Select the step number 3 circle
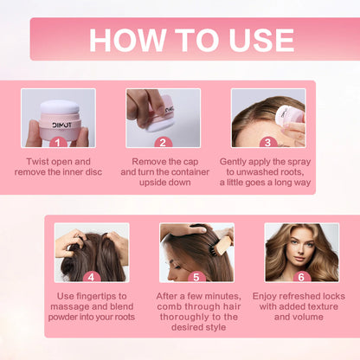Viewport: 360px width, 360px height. coord(268,142)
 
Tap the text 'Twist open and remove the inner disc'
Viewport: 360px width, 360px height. coord(58,166)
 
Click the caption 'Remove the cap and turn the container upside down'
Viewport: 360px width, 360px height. coord(163,172)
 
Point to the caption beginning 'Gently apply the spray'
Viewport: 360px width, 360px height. coord(268,172)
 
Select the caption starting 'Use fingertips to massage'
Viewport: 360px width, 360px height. coord(91,307)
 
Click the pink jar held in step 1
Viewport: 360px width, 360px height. coord(58,119)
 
